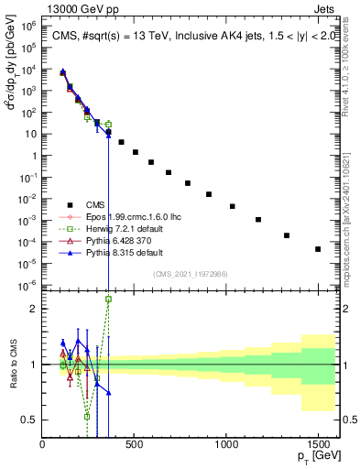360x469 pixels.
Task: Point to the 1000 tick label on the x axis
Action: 226,443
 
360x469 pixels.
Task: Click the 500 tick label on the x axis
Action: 135,443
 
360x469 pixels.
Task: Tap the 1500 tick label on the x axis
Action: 318,443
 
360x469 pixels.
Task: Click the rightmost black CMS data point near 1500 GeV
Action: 318,249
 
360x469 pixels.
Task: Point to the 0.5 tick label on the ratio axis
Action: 29,420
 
